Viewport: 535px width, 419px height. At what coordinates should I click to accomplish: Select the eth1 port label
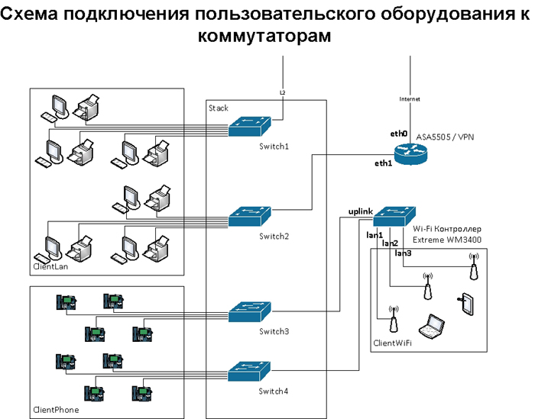(383, 163)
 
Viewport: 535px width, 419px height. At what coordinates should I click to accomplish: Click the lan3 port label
(403, 253)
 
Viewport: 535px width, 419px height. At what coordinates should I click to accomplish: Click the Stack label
(219, 108)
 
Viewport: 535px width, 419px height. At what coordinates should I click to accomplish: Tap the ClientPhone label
(56, 410)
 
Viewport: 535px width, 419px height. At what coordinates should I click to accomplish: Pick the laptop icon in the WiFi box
(435, 326)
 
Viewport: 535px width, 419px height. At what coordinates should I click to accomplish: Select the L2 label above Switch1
(282, 92)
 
